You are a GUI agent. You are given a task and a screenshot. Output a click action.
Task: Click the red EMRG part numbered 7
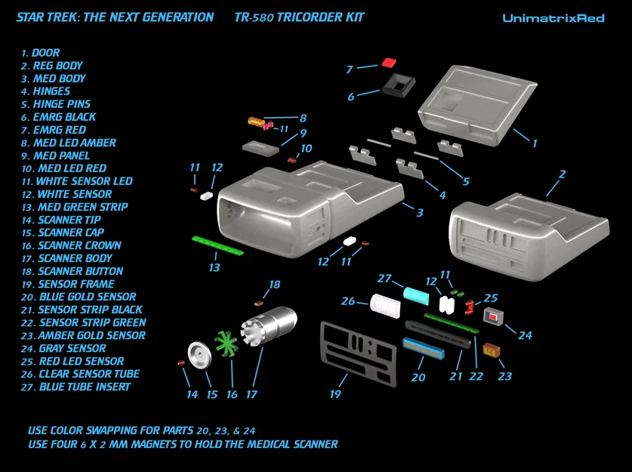click(389, 63)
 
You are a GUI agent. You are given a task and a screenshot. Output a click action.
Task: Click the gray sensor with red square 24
click(493, 316)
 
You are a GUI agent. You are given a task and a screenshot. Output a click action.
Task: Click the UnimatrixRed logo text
click(553, 17)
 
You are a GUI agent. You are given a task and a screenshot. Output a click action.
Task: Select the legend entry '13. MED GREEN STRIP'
click(75, 207)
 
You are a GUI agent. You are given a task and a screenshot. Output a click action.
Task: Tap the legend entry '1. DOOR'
click(41, 53)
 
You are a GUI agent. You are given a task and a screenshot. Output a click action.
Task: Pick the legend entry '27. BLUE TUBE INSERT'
click(76, 387)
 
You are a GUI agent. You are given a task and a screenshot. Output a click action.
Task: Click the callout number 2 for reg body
click(561, 174)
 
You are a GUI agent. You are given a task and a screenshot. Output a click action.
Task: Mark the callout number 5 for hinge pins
click(465, 181)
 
